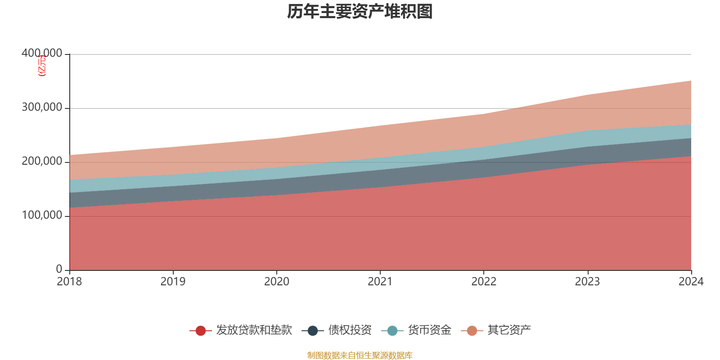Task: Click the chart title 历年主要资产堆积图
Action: [x=360, y=12]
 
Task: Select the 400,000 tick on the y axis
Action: [x=42, y=54]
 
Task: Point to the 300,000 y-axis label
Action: [x=42, y=108]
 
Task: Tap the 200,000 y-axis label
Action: [x=42, y=162]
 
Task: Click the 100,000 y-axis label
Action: [x=42, y=216]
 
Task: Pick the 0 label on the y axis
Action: [x=59, y=269]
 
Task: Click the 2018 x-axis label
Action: [x=69, y=282]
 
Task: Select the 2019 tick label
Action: [x=173, y=282]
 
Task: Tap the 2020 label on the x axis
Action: [x=276, y=282]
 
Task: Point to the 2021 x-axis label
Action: [x=380, y=282]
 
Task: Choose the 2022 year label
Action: [x=484, y=282]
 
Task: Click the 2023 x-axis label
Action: [x=587, y=282]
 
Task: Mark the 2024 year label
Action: [x=691, y=282]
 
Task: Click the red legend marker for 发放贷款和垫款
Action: [x=201, y=331]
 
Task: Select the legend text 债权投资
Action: [x=350, y=330]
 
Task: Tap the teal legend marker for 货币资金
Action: [x=392, y=331]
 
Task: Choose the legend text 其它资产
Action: [x=509, y=330]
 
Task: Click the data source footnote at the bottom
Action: [x=360, y=355]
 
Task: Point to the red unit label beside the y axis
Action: [x=41, y=66]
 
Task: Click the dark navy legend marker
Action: [x=313, y=331]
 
